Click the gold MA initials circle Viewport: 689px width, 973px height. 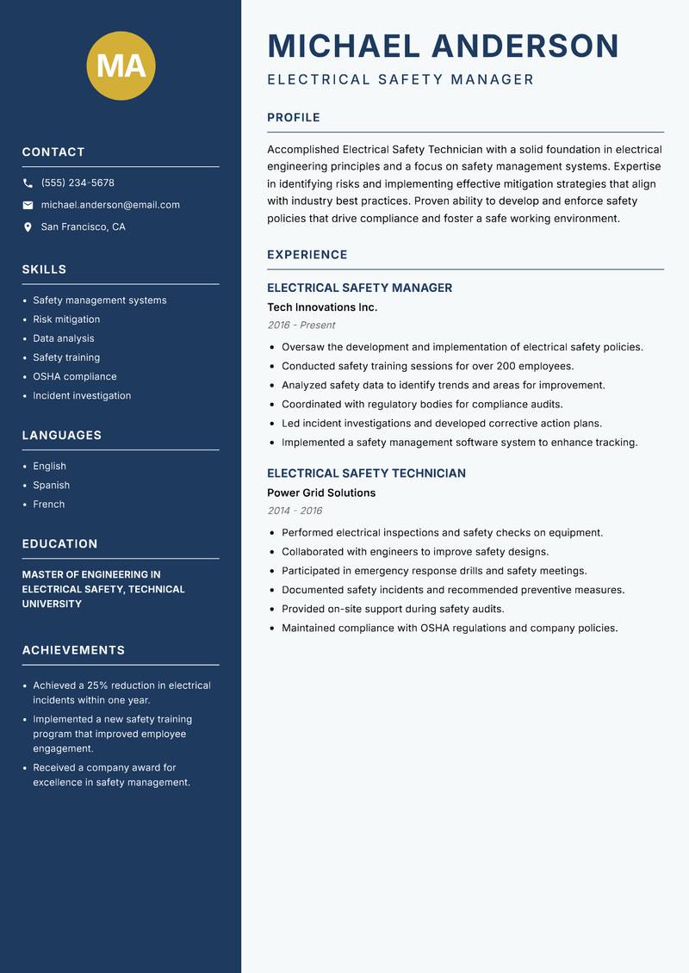pyautogui.click(x=121, y=65)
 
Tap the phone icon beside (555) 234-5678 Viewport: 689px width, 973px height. pyautogui.click(x=28, y=183)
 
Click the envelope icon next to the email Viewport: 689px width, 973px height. pyautogui.click(x=28, y=205)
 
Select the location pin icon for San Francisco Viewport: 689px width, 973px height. pyautogui.click(x=28, y=227)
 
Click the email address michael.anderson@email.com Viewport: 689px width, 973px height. pyautogui.click(x=110, y=205)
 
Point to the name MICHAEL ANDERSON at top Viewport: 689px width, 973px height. pyautogui.click(x=444, y=46)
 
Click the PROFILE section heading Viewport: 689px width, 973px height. pyautogui.click(x=293, y=118)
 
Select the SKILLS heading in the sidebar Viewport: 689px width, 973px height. pyautogui.click(x=44, y=270)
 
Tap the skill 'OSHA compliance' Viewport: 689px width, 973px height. pyautogui.click(x=75, y=376)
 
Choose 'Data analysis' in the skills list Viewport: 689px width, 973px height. pyautogui.click(x=64, y=338)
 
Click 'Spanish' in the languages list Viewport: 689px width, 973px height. pyautogui.click(x=52, y=485)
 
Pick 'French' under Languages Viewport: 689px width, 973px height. pyautogui.click(x=49, y=504)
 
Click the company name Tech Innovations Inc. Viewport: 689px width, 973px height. pyautogui.click(x=322, y=307)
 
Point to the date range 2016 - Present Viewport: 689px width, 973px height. pyautogui.click(x=301, y=325)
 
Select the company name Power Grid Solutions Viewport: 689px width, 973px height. pyautogui.click(x=321, y=493)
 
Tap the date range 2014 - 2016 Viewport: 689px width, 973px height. pyautogui.click(x=295, y=511)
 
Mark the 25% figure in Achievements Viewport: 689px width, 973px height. pyautogui.click(x=97, y=685)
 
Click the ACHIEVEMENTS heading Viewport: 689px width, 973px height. pyautogui.click(x=73, y=650)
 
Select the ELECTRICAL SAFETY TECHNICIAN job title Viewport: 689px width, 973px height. pyautogui.click(x=366, y=474)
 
